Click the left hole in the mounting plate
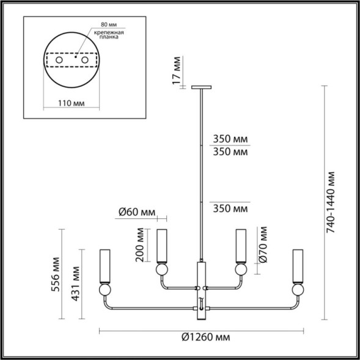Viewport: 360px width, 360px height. tap(59, 62)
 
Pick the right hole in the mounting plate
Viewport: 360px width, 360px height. tap(85, 62)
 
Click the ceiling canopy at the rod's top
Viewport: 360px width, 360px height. tap(202, 87)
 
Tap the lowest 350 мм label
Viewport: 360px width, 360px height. tap(230, 209)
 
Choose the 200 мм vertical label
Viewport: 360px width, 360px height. tap(141, 245)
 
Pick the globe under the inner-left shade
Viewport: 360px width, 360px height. tap(163, 270)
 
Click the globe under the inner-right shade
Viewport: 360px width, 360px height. tap(240, 270)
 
